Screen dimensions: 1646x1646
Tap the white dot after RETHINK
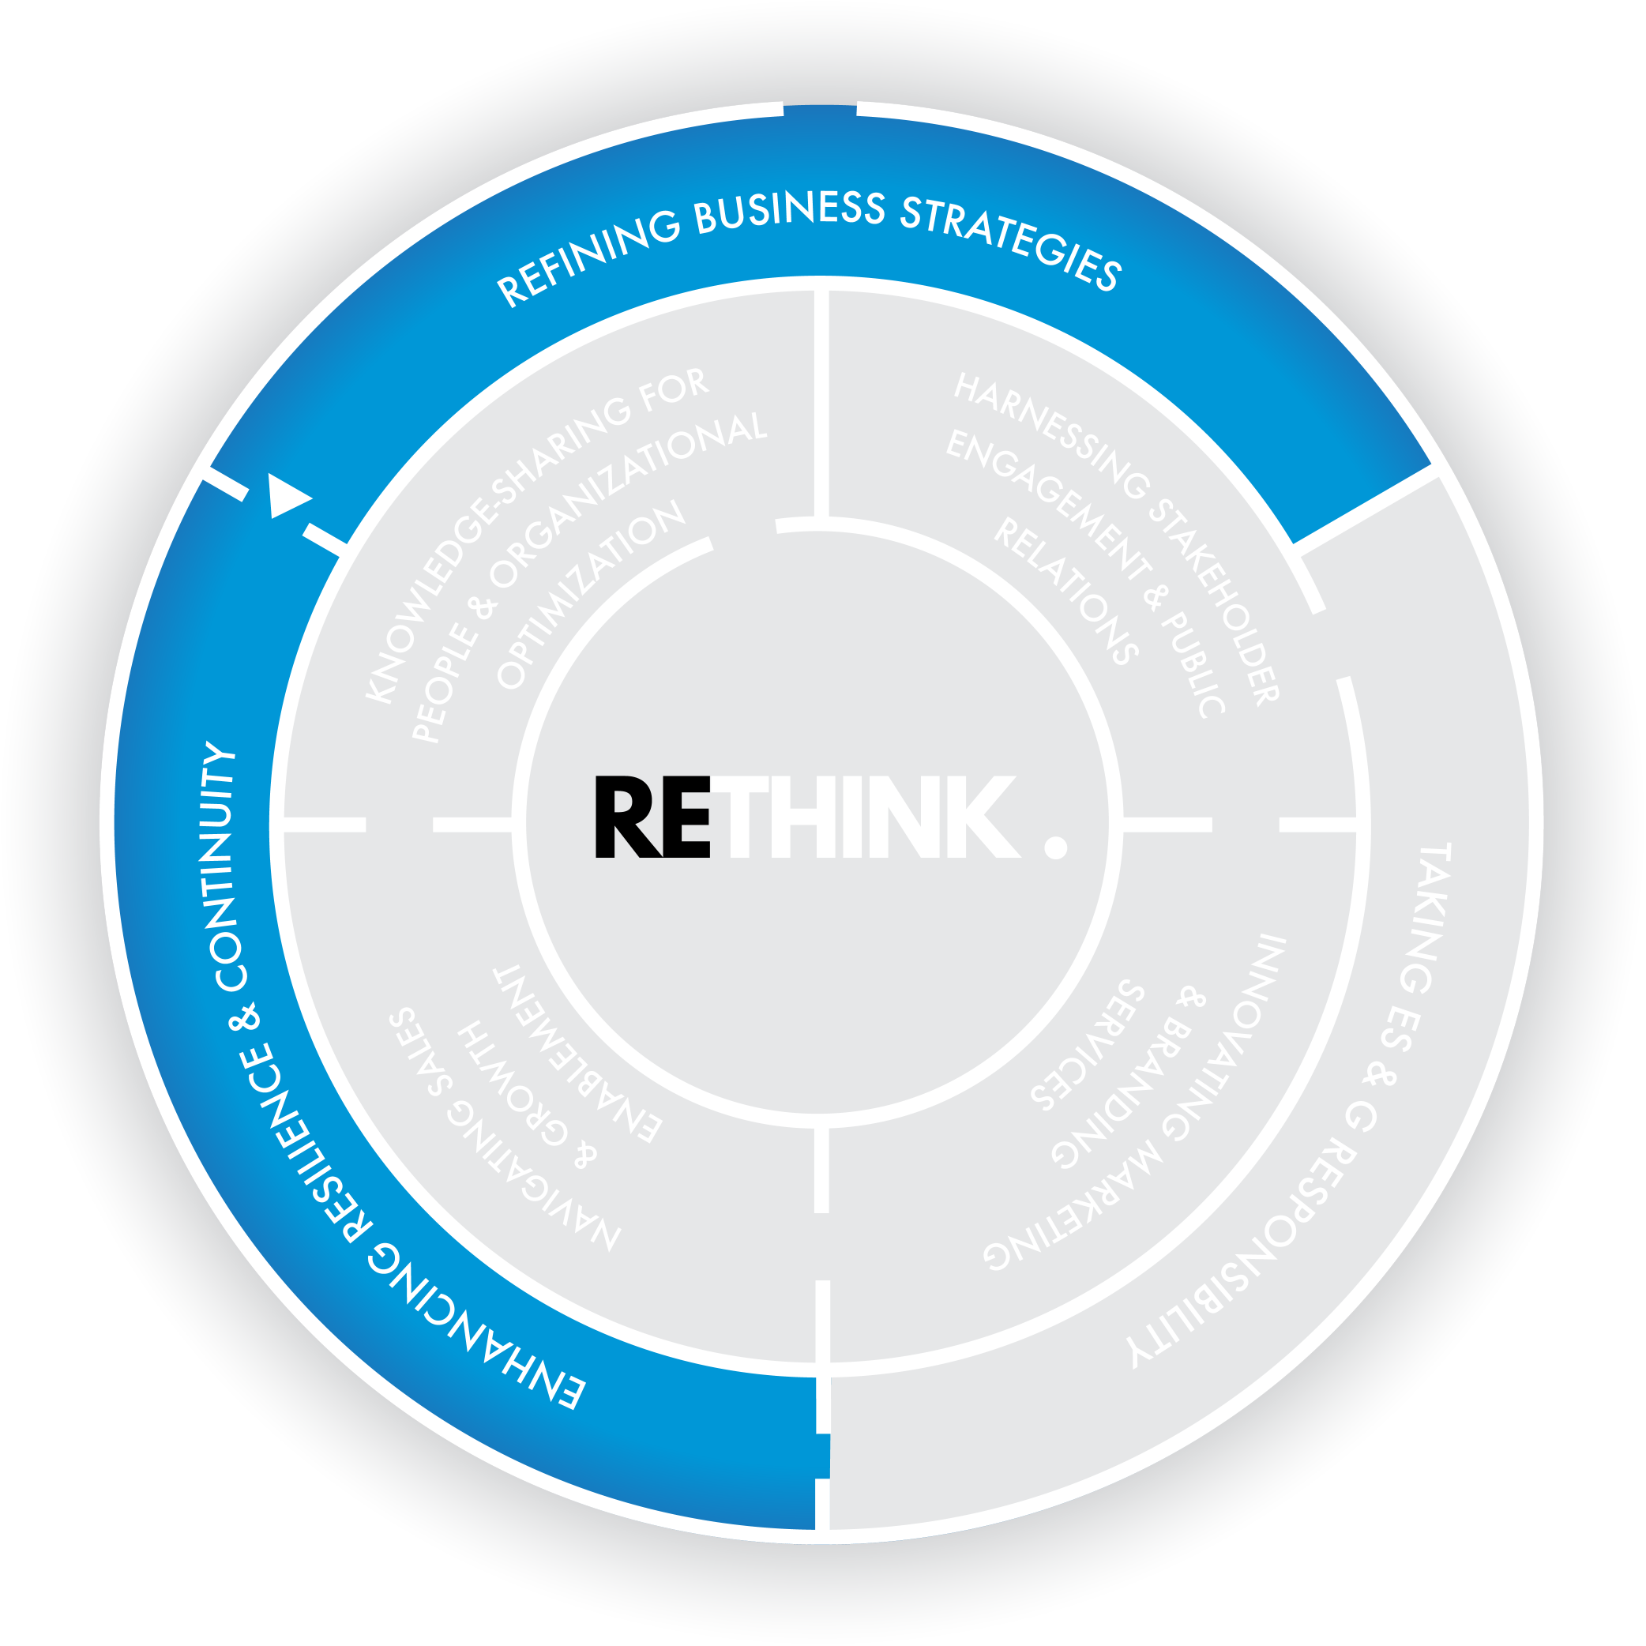click(x=1055, y=847)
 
